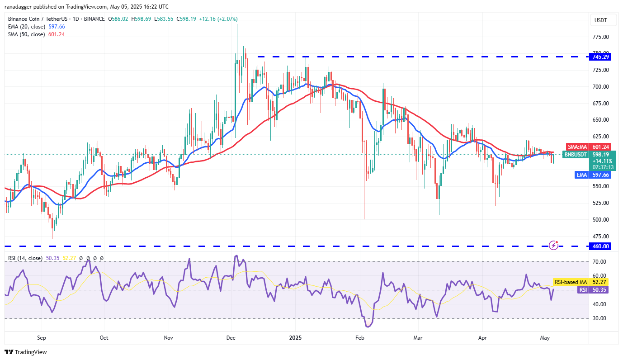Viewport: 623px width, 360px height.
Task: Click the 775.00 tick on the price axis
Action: pos(600,37)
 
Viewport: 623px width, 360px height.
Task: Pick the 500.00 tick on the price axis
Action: pos(600,220)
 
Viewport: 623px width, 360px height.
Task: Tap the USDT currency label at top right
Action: pos(600,20)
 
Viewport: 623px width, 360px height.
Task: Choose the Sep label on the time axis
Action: pos(42,337)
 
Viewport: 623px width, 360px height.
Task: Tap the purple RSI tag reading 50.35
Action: pos(583,289)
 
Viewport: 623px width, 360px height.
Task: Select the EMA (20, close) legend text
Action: pos(26,27)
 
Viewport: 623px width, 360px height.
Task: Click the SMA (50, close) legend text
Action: pos(26,34)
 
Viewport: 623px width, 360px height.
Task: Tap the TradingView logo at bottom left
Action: pos(26,352)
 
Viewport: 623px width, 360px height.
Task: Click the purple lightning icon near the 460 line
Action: pos(553,245)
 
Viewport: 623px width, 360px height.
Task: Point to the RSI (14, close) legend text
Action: pos(25,258)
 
